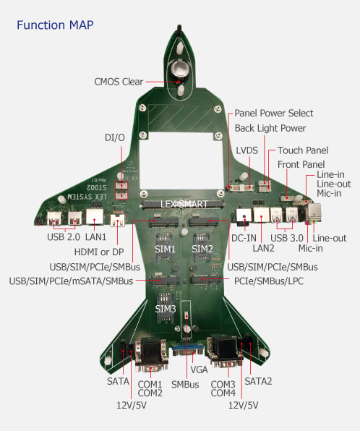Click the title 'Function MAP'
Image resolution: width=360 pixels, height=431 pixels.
click(x=55, y=25)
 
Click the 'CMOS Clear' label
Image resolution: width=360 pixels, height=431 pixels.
click(x=119, y=82)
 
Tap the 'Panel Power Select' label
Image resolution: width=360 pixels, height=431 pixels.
click(x=274, y=113)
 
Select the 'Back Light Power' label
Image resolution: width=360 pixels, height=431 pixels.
click(x=270, y=128)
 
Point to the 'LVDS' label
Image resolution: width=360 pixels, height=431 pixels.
click(x=247, y=150)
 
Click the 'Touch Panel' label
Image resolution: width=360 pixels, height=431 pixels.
click(x=303, y=150)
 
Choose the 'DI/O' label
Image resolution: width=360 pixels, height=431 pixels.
click(x=115, y=137)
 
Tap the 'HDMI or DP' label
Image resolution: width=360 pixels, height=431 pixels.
click(x=99, y=252)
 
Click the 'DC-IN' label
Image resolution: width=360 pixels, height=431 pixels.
click(x=244, y=238)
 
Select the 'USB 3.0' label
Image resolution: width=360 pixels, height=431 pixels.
click(x=287, y=238)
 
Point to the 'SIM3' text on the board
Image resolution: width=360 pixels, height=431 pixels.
click(x=166, y=309)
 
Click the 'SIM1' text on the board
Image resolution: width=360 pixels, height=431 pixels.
click(x=165, y=249)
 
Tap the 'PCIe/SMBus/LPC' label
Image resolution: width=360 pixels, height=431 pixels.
click(x=269, y=281)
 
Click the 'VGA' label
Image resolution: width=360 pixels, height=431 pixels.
click(x=199, y=370)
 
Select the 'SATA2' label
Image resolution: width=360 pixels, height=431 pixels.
click(x=258, y=381)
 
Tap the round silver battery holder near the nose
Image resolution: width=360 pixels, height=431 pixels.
click(x=180, y=69)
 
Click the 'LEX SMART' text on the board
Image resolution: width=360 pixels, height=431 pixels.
click(x=184, y=204)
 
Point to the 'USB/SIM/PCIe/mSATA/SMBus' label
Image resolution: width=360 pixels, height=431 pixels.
click(x=71, y=281)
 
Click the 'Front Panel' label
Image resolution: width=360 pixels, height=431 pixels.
click(x=301, y=164)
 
